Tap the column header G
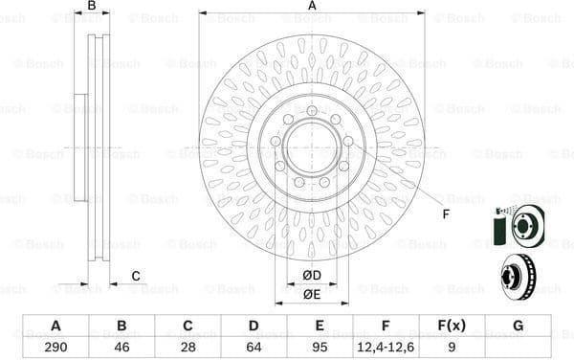coord(518,326)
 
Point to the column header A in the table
coord(55,326)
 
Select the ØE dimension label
coord(311,294)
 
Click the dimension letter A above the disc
coord(312,7)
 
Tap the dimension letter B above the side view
coord(92,7)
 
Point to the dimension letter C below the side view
coord(135,276)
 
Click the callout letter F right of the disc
coord(446,214)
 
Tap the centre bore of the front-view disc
coord(312,149)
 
